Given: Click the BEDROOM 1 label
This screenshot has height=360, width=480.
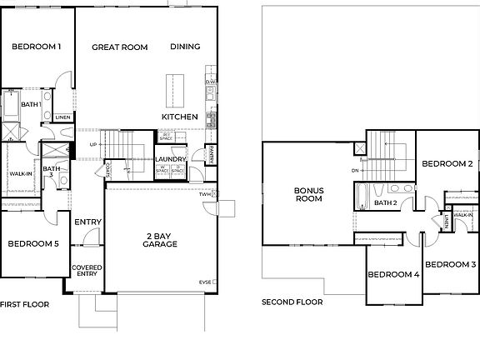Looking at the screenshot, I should click(x=36, y=47).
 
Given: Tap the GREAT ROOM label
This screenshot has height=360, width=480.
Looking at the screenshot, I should click(x=119, y=47).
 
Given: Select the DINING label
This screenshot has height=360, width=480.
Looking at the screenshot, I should click(x=184, y=47).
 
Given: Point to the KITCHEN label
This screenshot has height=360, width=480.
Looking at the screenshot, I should click(x=179, y=117).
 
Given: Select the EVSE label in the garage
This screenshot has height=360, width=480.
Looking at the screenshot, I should click(x=205, y=282).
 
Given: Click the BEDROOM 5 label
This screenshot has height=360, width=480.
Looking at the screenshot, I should click(x=33, y=244).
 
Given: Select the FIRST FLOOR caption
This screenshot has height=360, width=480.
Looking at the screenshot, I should click(x=26, y=304).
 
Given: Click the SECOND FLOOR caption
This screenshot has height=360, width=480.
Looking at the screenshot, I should click(x=292, y=302).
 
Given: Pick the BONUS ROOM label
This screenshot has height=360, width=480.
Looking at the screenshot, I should click(x=308, y=194).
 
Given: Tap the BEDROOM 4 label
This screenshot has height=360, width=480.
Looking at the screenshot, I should click(x=393, y=275).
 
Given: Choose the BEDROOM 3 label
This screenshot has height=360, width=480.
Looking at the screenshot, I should click(x=450, y=265).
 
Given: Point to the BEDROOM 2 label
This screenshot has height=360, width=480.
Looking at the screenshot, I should click(x=447, y=164).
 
